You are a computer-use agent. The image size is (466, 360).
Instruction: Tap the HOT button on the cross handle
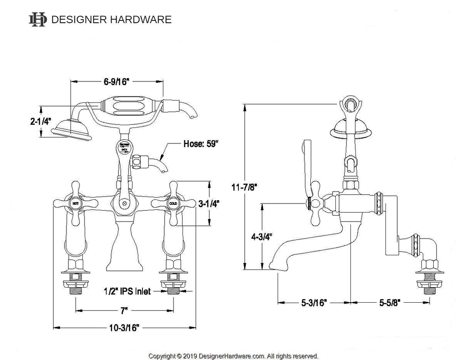coord(75,203)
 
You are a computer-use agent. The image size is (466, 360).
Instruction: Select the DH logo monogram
coord(38,20)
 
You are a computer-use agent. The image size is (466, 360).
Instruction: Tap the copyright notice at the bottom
coord(233,356)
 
